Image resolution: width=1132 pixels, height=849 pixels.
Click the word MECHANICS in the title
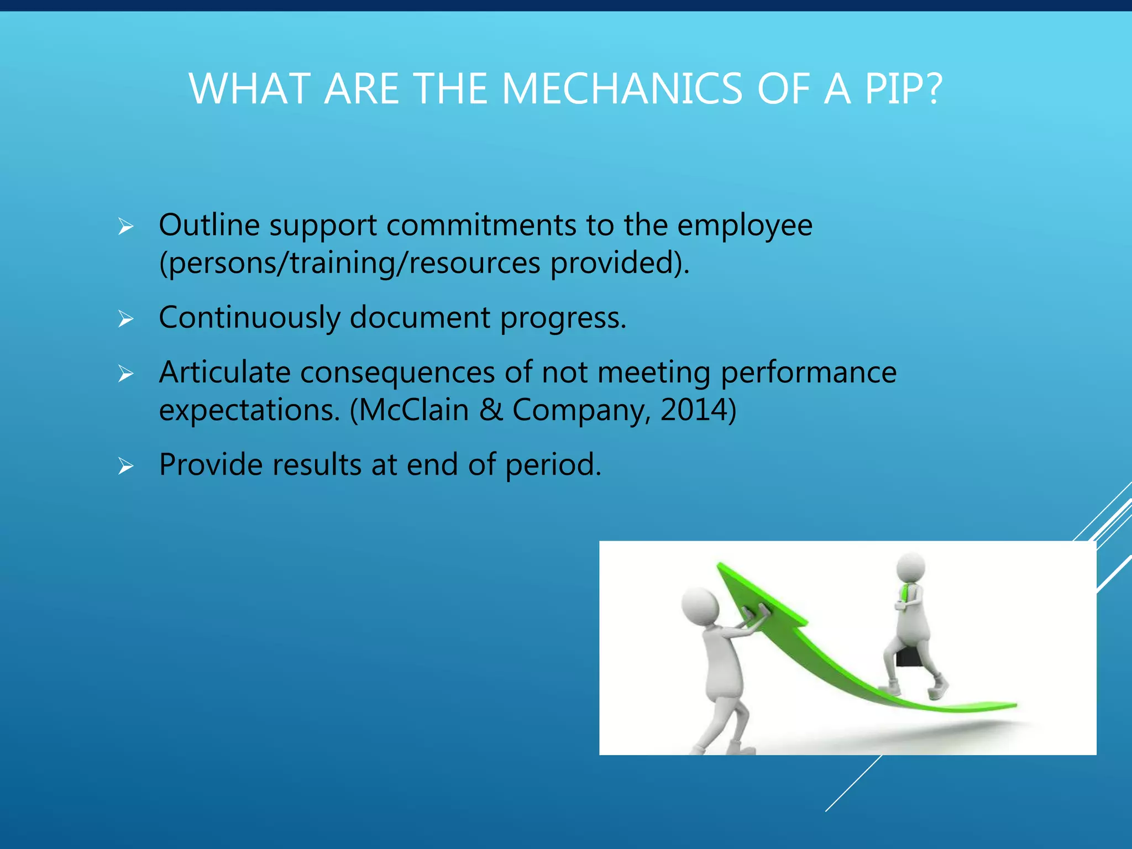[x=622, y=89]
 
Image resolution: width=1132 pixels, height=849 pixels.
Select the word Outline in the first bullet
[x=209, y=225]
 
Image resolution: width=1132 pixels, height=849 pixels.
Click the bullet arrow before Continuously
[x=126, y=319]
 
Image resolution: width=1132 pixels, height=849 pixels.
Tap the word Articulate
[x=224, y=372]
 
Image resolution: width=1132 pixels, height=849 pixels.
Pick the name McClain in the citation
[x=415, y=410]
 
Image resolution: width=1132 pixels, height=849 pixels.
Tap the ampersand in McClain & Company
[x=491, y=410]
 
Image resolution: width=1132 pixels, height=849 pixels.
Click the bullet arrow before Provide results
[x=126, y=467]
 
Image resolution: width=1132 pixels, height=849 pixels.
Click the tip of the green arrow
[x=720, y=566]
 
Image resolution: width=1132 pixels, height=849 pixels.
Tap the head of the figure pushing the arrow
[x=700, y=606]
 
